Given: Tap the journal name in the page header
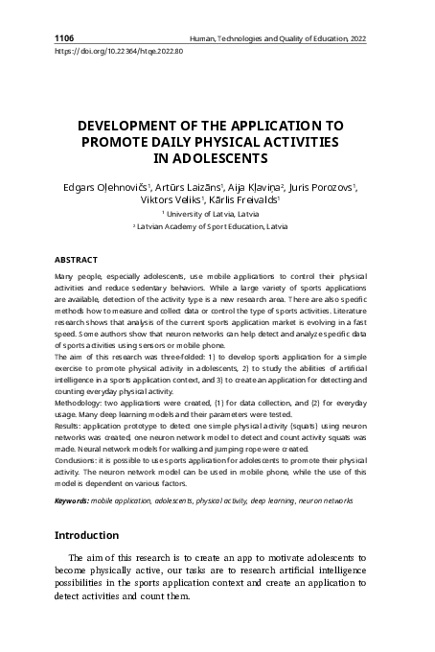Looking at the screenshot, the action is click(277, 37).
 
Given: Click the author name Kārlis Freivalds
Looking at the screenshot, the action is click(246, 201).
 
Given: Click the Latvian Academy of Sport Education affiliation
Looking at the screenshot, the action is click(217, 230).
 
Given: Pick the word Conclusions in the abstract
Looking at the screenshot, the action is click(80, 474).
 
